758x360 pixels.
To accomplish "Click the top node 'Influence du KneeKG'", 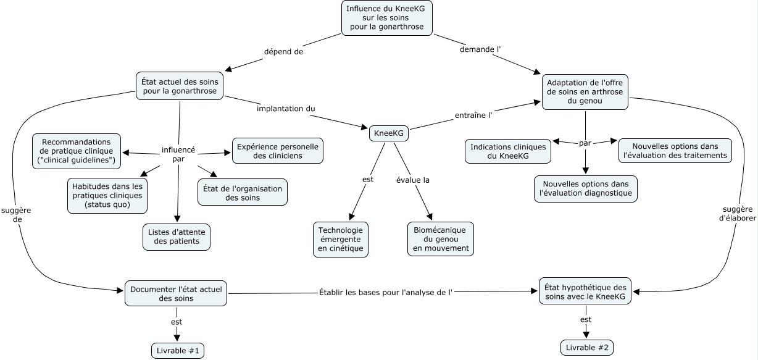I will coord(386,18).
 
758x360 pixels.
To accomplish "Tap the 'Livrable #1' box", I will coord(177,351).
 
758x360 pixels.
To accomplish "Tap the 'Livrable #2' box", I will coord(587,348).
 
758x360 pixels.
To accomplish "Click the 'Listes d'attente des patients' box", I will coord(177,237).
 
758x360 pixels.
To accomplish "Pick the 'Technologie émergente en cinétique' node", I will coord(341,239).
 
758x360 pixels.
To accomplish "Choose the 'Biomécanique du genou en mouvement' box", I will coord(441,239).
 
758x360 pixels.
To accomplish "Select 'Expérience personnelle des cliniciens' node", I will coord(278,151).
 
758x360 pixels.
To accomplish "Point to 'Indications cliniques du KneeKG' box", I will coord(508,152).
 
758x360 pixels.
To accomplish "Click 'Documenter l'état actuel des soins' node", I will coord(177,293).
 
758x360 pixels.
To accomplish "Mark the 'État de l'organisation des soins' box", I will coord(242,193).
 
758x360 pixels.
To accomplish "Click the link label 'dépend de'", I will coord(283,52).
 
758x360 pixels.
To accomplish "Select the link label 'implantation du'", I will coord(286,109).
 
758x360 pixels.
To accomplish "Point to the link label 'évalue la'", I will coord(412,180).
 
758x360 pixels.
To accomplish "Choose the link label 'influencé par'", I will coord(178,154).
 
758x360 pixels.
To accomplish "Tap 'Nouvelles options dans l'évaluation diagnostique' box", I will coord(585,188).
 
